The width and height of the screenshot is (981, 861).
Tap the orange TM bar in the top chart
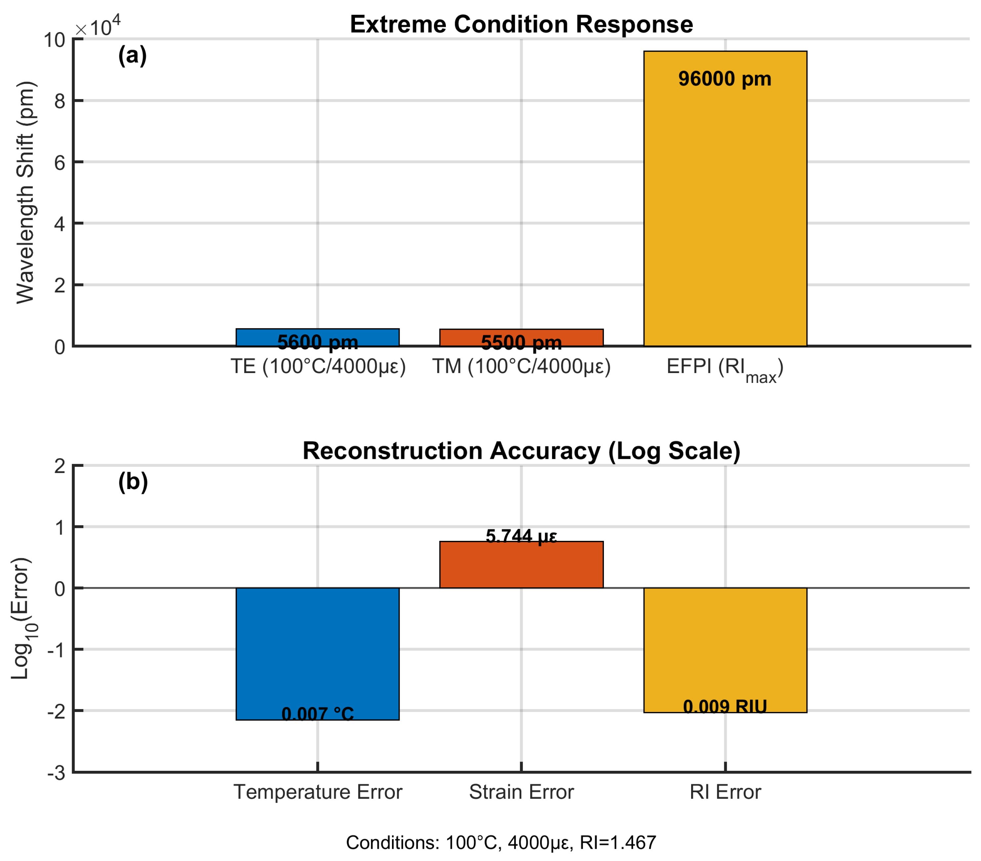pos(521,334)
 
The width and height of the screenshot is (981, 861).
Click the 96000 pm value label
pos(725,79)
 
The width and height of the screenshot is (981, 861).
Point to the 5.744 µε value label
pos(521,536)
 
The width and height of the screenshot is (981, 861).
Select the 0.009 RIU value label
pos(725,707)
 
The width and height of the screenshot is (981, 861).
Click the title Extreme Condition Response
pos(521,24)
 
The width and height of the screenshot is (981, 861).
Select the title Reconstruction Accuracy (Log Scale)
pos(521,451)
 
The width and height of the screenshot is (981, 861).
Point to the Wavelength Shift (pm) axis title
pos(25,192)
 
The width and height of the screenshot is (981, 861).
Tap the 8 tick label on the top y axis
pos(59,101)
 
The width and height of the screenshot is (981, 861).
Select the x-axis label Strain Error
pos(521,792)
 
